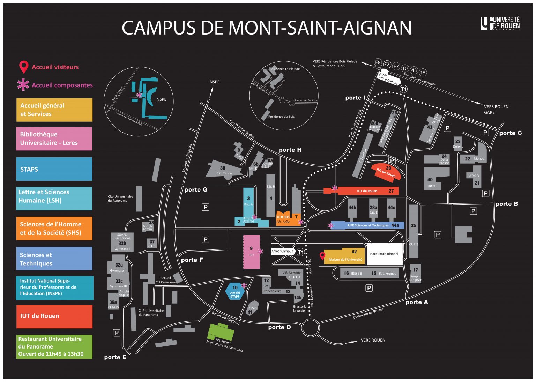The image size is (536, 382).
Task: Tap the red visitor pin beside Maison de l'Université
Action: tap(322, 256)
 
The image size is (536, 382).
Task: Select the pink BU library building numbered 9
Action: tap(251, 252)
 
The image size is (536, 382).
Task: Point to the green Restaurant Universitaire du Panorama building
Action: tap(221, 332)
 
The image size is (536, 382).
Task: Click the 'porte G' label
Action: tap(196, 190)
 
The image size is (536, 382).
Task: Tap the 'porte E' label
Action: tap(115, 357)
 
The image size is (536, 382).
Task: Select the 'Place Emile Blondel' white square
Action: tap(384, 254)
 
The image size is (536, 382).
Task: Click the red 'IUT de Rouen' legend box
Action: tap(54, 316)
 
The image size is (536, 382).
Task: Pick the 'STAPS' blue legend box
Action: tap(54, 169)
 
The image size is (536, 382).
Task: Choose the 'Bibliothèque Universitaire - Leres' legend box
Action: tap(54, 138)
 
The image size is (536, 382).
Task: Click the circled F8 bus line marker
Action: tap(378, 62)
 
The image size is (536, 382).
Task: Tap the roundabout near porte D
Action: tap(310, 328)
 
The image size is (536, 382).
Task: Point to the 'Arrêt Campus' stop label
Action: tap(283, 251)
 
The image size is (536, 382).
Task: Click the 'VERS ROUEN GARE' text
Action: tap(496, 110)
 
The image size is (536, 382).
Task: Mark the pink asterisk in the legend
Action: tap(23, 84)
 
